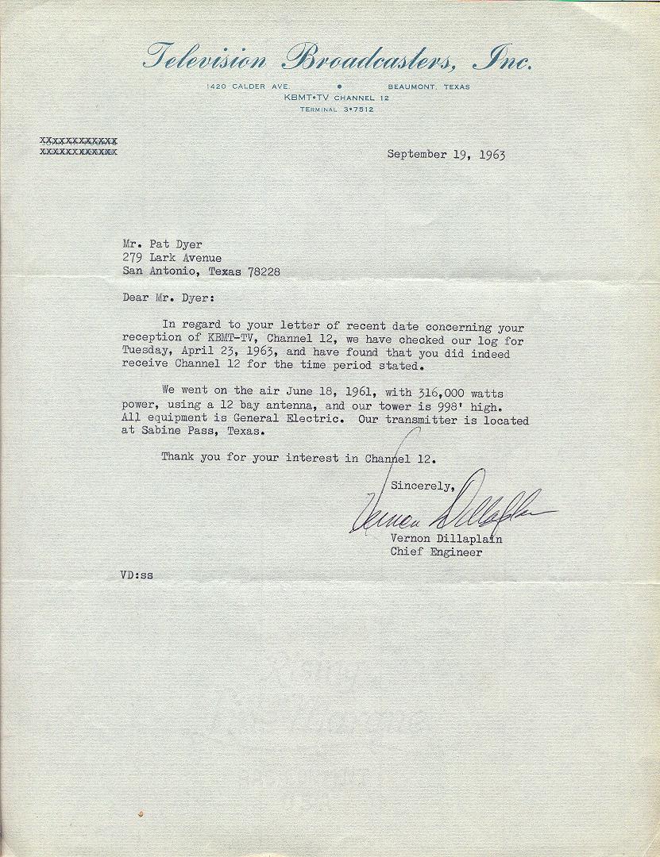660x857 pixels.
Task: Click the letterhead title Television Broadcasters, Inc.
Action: pos(338,58)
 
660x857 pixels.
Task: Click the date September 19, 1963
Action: pos(446,155)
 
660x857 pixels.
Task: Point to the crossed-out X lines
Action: pos(79,145)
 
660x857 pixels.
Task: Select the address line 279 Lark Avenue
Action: pos(172,257)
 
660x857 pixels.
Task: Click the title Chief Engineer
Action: pos(436,553)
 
